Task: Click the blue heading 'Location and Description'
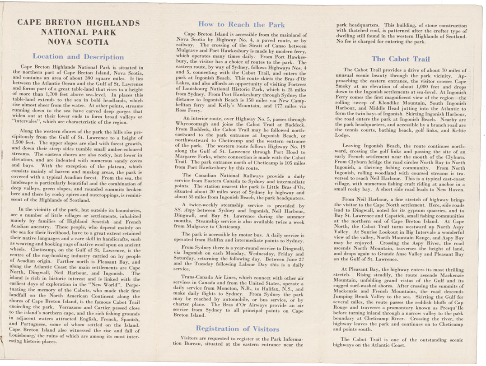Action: pos(78,57)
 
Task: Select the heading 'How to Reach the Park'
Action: pos(241,24)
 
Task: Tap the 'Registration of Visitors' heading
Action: pos(238,329)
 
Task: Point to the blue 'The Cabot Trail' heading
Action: pos(401,59)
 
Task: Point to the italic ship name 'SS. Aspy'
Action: pos(186,211)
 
